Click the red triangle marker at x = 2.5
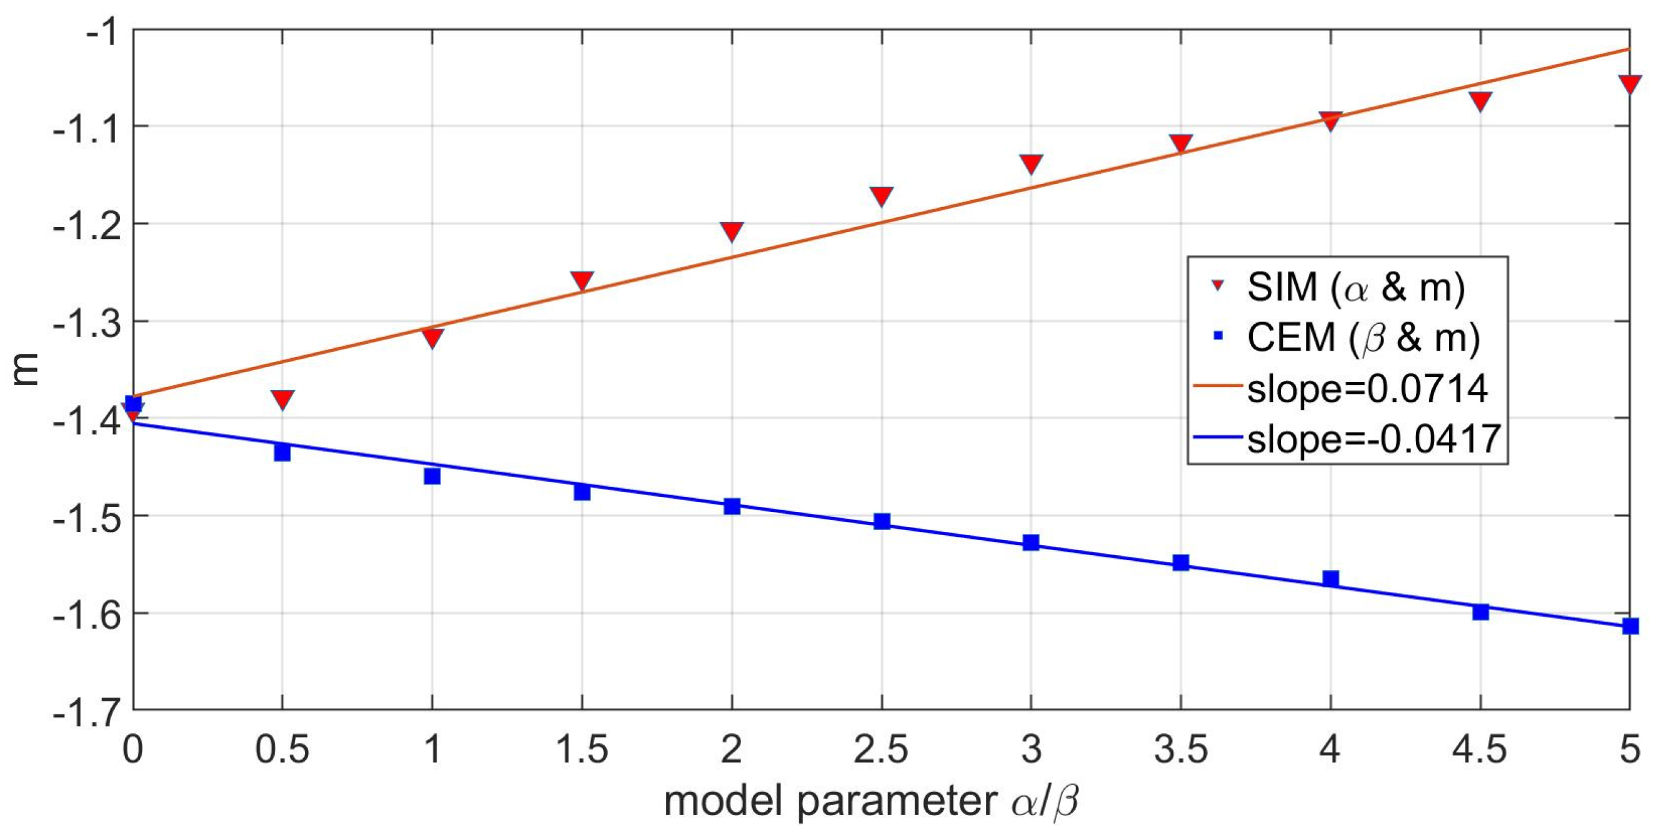(881, 196)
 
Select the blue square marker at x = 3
(1031, 543)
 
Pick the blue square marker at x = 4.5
(1480, 611)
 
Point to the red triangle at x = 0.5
(282, 400)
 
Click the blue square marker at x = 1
(432, 476)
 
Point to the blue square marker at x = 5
(1630, 625)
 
